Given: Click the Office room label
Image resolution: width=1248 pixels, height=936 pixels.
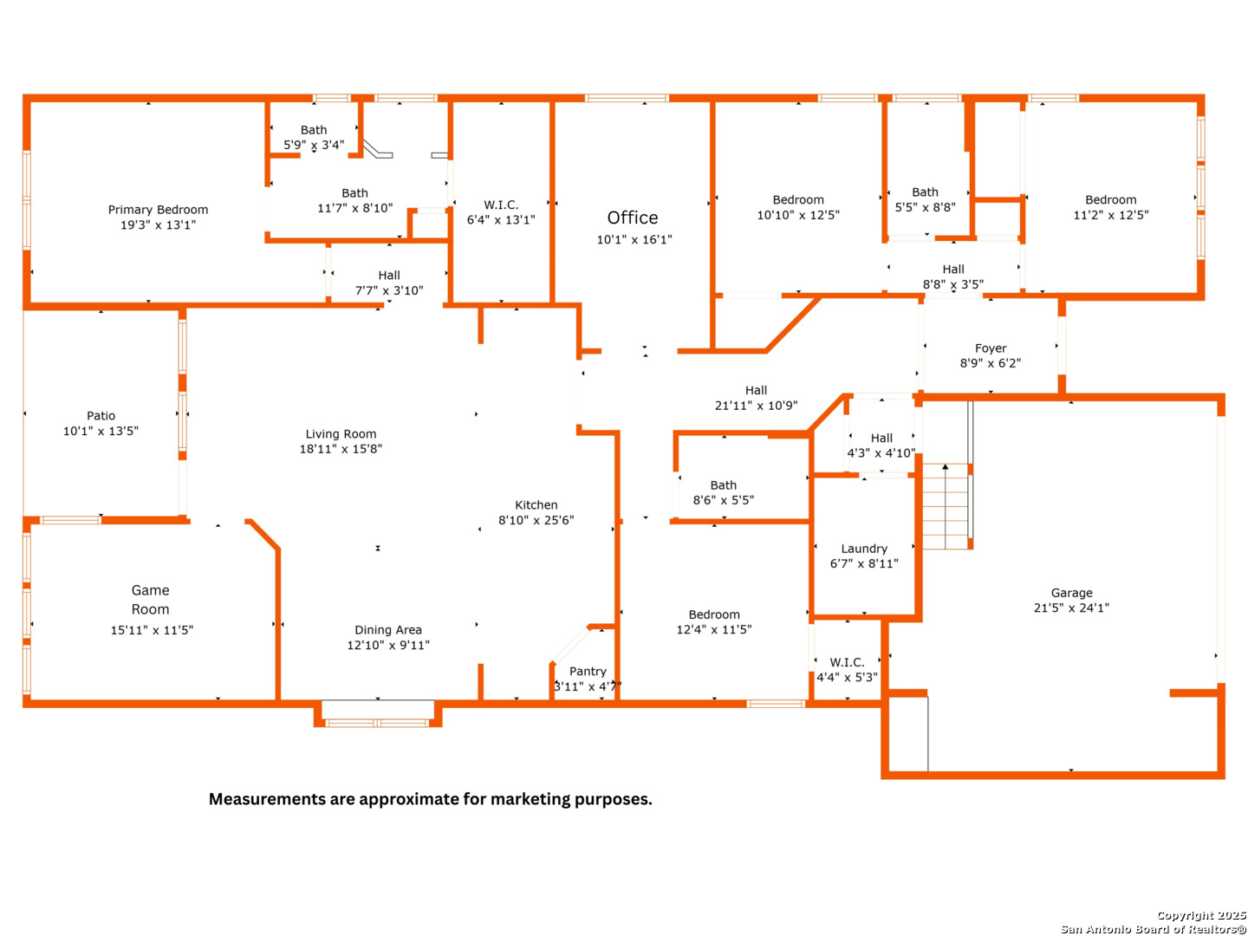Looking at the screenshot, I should [x=633, y=218].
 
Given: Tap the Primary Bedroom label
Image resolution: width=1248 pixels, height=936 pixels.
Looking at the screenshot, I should [x=158, y=210].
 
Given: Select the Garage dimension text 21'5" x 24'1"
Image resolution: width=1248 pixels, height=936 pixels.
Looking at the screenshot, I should [x=1071, y=608].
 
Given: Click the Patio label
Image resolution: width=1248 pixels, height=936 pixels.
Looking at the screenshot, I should [x=101, y=416].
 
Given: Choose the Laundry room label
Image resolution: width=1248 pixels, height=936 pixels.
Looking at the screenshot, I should [x=864, y=549].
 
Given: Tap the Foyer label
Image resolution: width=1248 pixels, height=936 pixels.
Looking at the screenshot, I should [x=991, y=348].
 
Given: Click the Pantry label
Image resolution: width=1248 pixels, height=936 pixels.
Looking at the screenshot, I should [x=588, y=672].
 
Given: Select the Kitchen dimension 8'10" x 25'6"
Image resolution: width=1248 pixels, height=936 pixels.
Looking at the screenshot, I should [x=536, y=521].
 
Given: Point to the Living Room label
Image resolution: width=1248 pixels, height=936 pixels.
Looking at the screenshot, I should [x=341, y=434].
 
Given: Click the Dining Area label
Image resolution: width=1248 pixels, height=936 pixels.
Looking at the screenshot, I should [x=388, y=630].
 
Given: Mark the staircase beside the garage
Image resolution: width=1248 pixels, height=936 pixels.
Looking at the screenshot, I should [x=946, y=506].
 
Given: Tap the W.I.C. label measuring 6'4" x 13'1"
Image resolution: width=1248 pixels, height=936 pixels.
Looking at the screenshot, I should [x=501, y=205].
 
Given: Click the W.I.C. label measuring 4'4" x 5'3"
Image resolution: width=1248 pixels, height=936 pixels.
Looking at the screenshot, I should [x=847, y=663].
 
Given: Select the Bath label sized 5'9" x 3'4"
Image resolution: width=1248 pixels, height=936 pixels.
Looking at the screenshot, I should [x=314, y=130].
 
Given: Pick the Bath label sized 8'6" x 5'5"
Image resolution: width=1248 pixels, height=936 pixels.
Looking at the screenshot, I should [x=724, y=485].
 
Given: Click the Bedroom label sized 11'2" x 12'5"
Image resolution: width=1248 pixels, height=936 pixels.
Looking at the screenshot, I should [x=1111, y=200].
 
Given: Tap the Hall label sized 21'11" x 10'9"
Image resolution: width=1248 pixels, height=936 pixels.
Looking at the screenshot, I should [x=756, y=391].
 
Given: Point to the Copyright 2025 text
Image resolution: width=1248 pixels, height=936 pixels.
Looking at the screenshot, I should [x=1201, y=915].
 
